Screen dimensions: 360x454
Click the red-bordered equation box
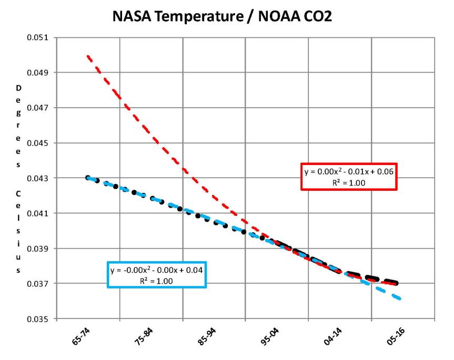[349, 177]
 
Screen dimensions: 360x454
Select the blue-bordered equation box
[156, 275]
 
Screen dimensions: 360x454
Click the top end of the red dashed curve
[88, 55]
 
